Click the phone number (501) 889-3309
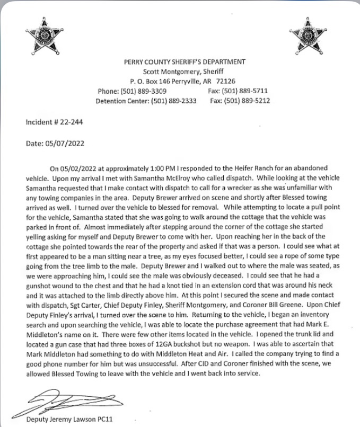[x=144, y=91]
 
